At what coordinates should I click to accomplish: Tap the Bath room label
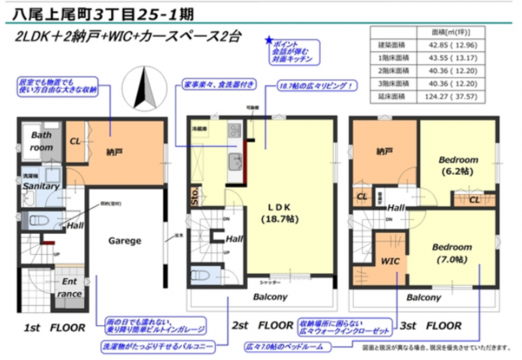[43, 142]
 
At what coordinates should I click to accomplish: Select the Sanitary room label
[41, 186]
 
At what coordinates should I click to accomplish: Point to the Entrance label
[46, 288]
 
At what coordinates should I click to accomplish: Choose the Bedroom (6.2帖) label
[458, 166]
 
